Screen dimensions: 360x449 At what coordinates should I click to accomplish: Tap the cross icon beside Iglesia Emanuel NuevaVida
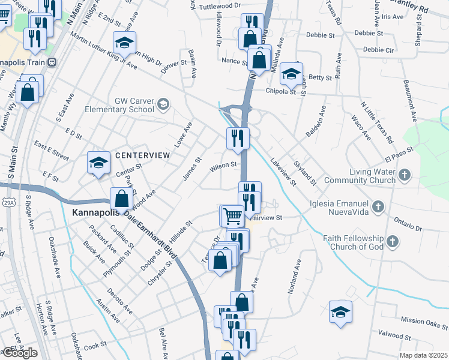378,207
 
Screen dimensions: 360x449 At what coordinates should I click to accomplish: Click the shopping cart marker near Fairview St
232,214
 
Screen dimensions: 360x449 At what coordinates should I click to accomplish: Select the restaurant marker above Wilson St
238,137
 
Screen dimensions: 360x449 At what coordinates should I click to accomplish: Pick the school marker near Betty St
291,73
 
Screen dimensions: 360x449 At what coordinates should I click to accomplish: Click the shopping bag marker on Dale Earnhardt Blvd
121,199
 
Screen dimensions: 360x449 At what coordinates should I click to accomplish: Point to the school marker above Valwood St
340,312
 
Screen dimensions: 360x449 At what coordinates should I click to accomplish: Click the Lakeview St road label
283,171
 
